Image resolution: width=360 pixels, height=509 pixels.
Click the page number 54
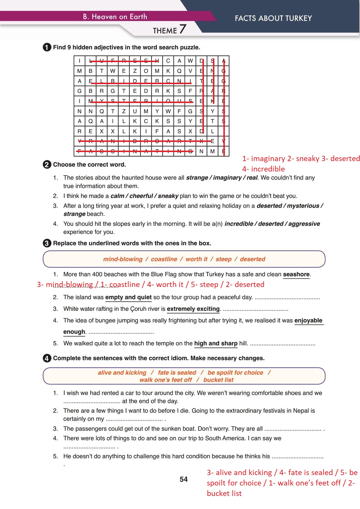184,479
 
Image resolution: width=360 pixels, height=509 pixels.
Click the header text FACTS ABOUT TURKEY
273,18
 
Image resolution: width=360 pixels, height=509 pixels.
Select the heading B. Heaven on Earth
115,17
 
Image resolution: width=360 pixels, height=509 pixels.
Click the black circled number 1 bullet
47,47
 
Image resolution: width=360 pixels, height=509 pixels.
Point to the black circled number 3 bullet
47,243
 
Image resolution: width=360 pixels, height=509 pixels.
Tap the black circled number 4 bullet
47,358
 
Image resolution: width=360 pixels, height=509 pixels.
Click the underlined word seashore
296,274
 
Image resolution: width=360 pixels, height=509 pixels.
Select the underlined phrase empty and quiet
128,297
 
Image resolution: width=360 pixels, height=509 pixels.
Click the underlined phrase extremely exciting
193,309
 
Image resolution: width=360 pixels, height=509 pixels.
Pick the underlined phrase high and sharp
216,343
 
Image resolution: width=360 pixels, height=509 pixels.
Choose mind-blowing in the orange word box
123,259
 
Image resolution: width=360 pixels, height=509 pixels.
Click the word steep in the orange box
223,259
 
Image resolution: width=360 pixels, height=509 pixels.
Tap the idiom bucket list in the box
218,380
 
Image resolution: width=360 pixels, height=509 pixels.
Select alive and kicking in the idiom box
122,373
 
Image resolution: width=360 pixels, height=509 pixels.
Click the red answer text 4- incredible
264,169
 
